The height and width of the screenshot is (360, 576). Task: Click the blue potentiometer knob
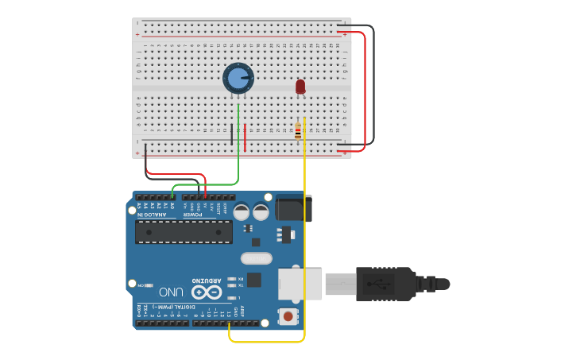[x=238, y=78]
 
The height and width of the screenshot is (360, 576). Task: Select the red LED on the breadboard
[x=300, y=87]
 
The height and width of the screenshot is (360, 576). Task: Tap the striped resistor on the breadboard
[x=298, y=131]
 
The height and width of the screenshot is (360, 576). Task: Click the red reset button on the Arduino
[x=288, y=316]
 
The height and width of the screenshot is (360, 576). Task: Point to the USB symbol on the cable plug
[x=379, y=284]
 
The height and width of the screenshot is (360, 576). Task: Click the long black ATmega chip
[x=184, y=231]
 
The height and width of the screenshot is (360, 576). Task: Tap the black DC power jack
[x=293, y=207]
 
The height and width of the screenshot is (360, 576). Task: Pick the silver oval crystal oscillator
[x=256, y=257]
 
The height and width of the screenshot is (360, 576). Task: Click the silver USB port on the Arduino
[x=300, y=284]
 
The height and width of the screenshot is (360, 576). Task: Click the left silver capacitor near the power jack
[x=241, y=211]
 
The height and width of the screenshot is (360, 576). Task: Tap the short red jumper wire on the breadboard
[x=245, y=137]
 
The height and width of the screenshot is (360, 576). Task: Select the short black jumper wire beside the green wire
[x=232, y=134]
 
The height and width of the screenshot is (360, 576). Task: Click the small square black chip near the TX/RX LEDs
[x=253, y=279]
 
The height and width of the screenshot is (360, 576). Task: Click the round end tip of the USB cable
[x=443, y=284]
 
